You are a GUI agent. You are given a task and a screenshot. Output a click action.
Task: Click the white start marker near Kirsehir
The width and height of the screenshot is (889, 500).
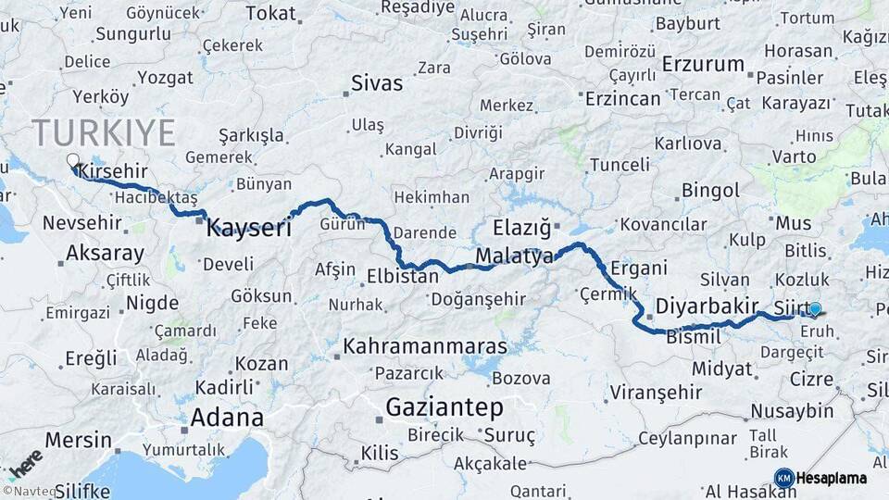coord(72,160)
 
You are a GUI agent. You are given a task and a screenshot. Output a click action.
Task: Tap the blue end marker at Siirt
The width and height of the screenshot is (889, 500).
coord(815,309)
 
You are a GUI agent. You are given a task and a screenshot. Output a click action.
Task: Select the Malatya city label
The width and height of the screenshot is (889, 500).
coord(514,256)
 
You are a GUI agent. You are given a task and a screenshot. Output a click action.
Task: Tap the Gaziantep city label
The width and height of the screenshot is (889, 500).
coord(444,406)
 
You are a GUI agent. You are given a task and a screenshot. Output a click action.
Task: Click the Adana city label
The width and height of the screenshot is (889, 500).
coord(227,418)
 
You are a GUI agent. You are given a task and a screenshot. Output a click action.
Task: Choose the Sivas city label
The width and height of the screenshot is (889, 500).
coord(377,83)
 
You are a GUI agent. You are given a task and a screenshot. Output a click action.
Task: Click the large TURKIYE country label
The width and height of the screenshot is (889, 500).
coord(104,132)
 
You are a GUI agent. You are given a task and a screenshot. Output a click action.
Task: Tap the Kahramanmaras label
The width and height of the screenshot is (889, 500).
coord(425,346)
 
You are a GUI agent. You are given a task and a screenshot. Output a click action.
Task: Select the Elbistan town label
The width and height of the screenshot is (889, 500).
coord(403,276)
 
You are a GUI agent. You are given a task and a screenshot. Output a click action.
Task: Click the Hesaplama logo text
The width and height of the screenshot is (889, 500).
coord(832,479)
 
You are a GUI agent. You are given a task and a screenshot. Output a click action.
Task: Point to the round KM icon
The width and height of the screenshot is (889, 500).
coord(783,478)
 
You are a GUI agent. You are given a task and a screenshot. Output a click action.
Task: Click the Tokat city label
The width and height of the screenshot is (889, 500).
coord(270,13)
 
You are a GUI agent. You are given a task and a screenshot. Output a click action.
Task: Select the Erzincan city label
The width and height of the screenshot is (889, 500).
coord(623,98)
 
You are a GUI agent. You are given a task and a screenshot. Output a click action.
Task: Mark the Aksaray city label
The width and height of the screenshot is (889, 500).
coord(105,253)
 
